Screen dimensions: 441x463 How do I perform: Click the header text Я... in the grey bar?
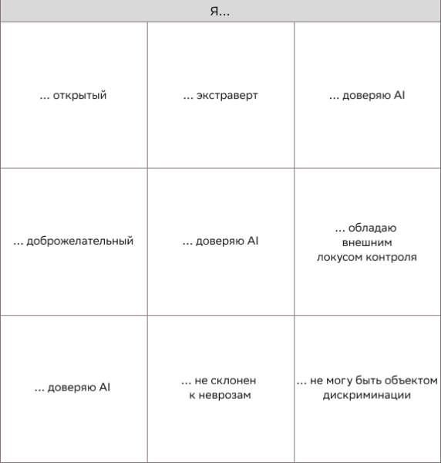[220, 11]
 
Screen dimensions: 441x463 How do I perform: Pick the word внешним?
[367, 242]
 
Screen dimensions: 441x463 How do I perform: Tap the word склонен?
[234, 381]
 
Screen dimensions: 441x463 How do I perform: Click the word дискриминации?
[367, 395]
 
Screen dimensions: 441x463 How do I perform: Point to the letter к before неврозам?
[192, 395]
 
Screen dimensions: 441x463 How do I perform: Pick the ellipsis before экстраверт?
[187, 97]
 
